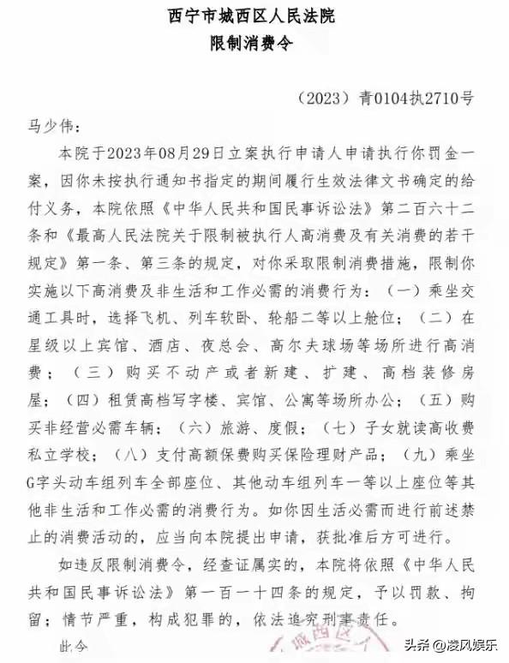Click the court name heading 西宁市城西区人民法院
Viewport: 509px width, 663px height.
tap(254, 16)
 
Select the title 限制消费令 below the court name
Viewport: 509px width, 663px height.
tap(254, 44)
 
